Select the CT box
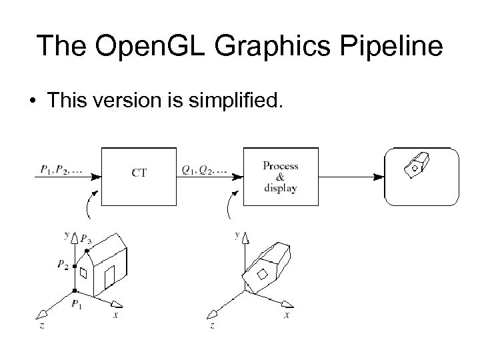pos(139,173)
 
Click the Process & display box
pos(280,176)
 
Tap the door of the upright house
pos(109,275)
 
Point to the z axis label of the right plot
pos(211,325)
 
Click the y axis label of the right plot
pos(237,235)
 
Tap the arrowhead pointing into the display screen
pos(379,177)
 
